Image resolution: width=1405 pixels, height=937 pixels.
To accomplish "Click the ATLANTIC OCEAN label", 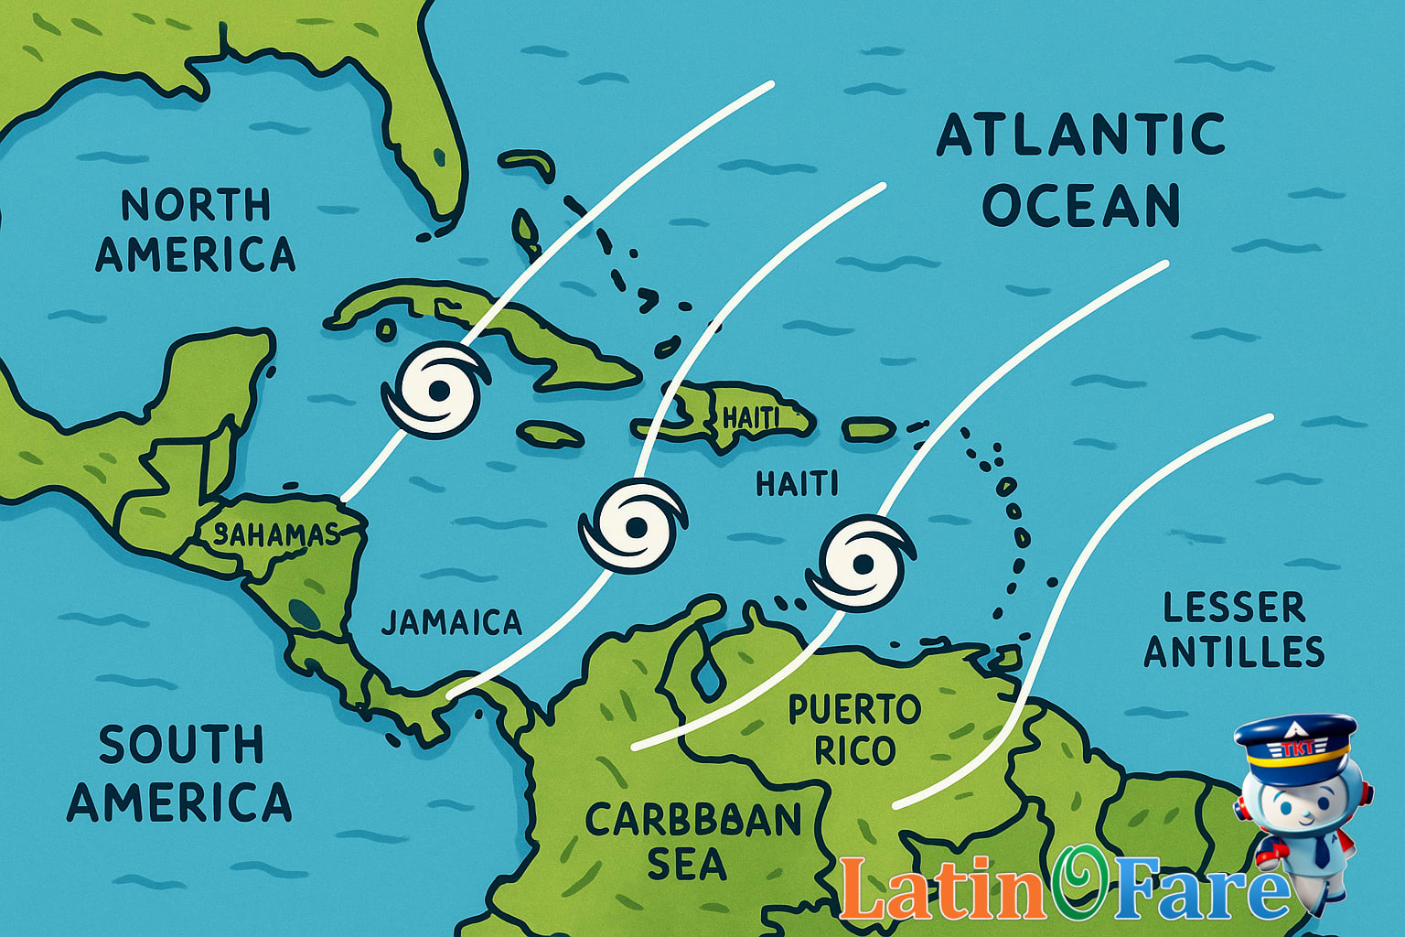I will [x=1081, y=171].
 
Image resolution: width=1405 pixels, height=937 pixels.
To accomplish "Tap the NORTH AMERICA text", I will [x=196, y=230].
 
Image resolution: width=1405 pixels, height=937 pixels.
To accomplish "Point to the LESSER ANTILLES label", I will [x=1234, y=630].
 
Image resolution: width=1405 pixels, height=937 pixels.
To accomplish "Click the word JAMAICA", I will [x=451, y=622].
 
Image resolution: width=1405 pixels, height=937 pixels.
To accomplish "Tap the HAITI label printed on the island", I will [x=750, y=418].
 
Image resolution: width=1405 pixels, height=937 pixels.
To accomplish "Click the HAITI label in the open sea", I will [x=797, y=483].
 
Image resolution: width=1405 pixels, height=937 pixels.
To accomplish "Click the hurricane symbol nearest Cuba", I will [x=435, y=392].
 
